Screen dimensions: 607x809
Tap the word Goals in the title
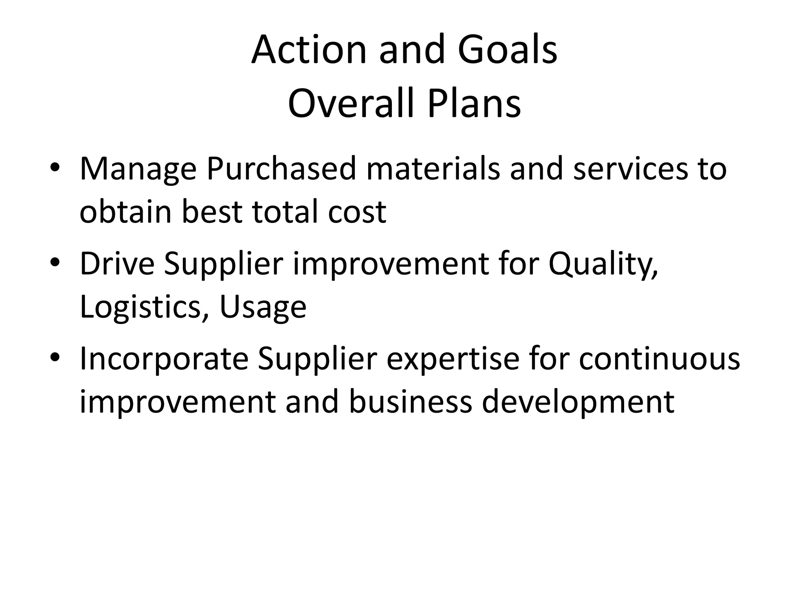click(507, 50)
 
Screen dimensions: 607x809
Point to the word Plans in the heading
click(474, 104)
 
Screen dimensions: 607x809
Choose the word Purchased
click(281, 169)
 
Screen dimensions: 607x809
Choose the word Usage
click(263, 307)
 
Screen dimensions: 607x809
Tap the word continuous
click(659, 359)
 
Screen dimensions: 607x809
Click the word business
click(410, 402)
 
